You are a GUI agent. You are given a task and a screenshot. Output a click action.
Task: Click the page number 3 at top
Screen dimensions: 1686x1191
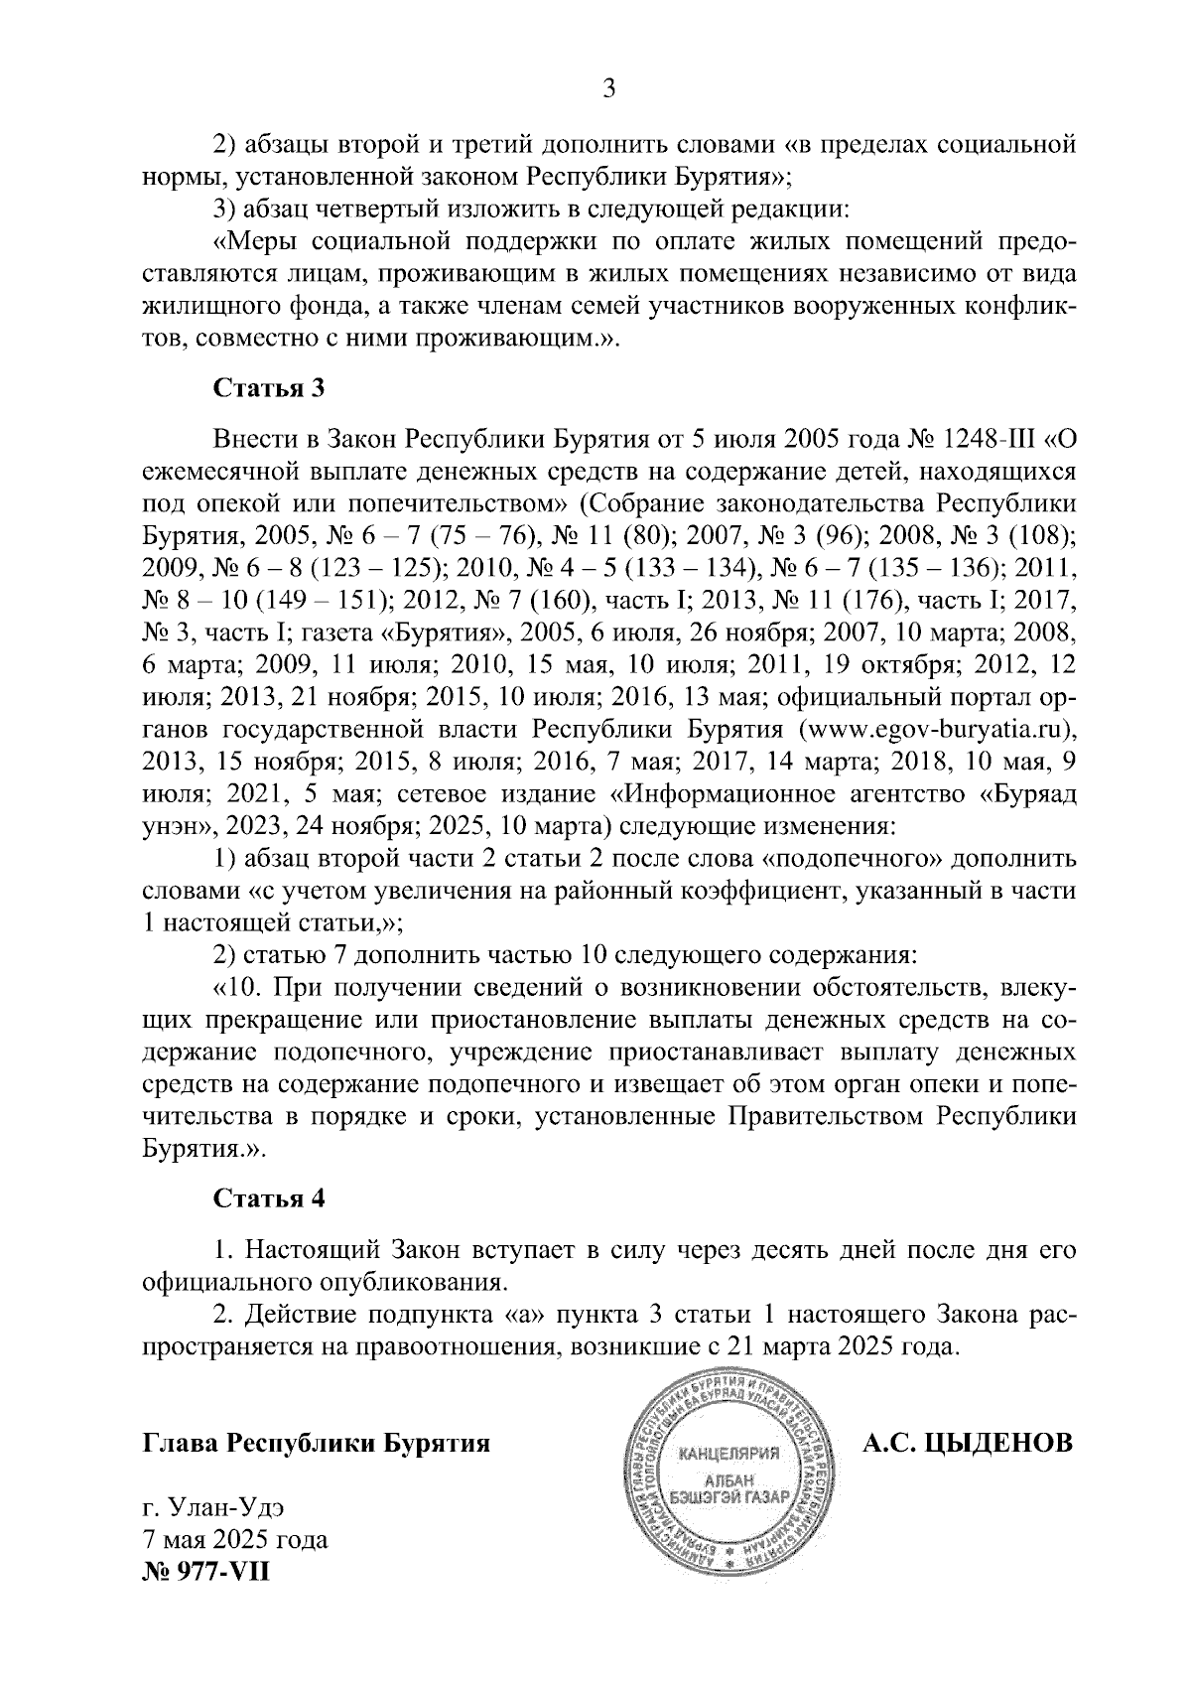[x=609, y=89]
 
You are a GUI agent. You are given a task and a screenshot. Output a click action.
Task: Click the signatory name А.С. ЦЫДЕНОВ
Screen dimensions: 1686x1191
[x=968, y=1442]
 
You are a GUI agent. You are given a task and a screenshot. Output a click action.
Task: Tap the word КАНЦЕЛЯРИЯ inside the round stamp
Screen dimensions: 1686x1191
[x=729, y=1455]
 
